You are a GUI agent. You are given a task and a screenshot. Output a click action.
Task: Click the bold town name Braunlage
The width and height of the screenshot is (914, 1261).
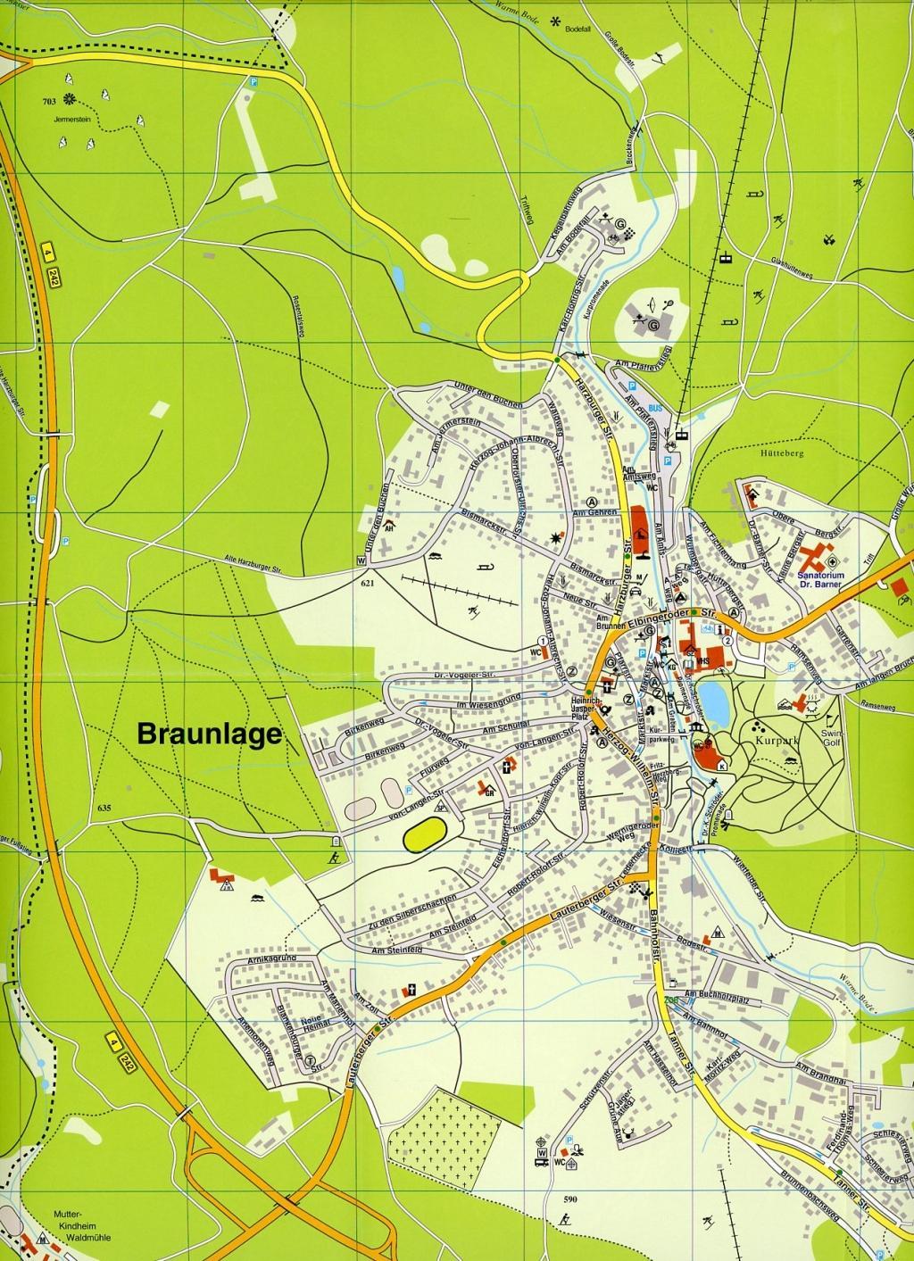(x=209, y=734)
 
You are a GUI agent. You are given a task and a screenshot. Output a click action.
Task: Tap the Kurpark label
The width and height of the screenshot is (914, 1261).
(x=773, y=741)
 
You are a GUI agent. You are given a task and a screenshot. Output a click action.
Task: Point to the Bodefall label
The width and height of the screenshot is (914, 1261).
(x=581, y=29)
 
